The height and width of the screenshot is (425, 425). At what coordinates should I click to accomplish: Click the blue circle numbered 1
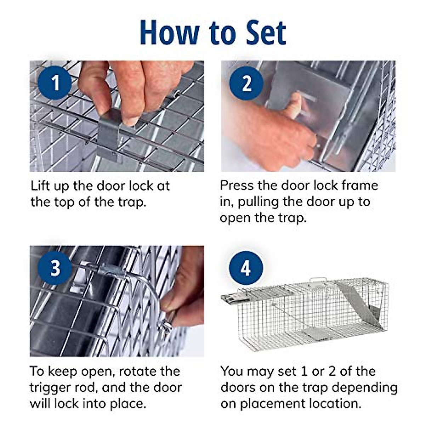(55, 83)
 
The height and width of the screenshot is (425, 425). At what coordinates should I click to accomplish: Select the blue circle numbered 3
(55, 268)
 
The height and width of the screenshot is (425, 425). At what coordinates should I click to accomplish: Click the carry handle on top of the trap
(318, 281)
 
